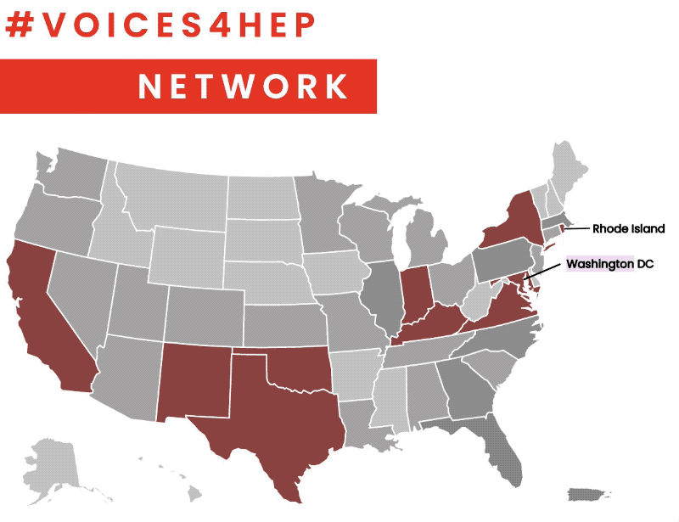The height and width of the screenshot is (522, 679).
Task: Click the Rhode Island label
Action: click(x=629, y=229)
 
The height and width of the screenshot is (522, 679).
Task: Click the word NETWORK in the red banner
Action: click(x=244, y=86)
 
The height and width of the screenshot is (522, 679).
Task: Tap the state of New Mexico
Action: click(x=194, y=382)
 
